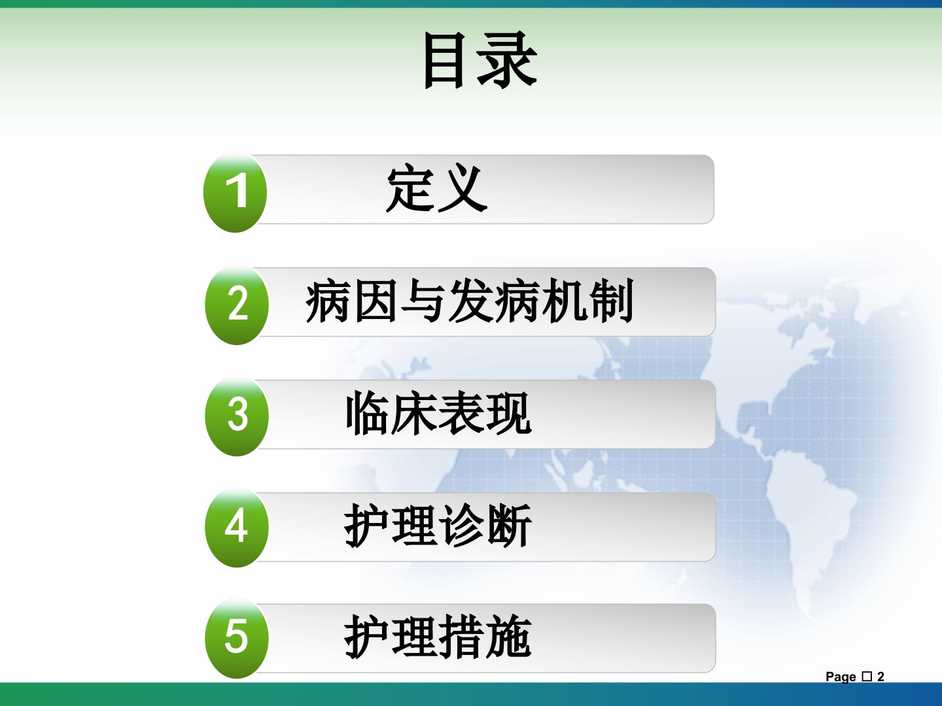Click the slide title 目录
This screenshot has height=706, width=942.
(x=480, y=59)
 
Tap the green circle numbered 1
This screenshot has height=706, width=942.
(x=235, y=193)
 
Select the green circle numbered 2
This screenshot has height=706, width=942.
(x=237, y=305)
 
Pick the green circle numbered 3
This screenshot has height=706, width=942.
(x=237, y=416)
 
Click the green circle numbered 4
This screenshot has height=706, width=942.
(x=237, y=528)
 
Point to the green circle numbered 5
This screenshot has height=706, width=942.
(x=237, y=639)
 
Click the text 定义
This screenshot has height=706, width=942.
(x=437, y=189)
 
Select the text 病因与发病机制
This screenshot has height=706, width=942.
(x=470, y=300)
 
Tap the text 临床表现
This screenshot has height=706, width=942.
(x=438, y=412)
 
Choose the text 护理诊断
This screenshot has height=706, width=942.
(x=438, y=525)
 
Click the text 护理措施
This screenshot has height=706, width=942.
(x=438, y=636)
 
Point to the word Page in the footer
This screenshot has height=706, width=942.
(x=841, y=677)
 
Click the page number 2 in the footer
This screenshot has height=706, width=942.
(x=881, y=677)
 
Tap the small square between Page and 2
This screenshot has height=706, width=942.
(x=867, y=677)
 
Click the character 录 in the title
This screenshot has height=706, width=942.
(x=507, y=59)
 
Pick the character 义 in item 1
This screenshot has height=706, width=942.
(x=463, y=189)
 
